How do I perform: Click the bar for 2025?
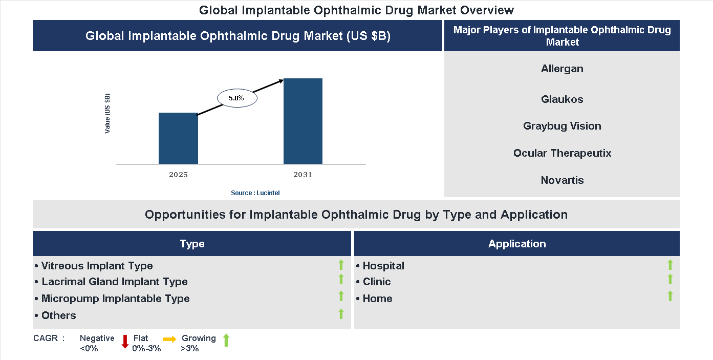(178, 138)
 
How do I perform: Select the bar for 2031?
(303, 121)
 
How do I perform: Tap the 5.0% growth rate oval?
(237, 98)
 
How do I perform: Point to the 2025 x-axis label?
(178, 175)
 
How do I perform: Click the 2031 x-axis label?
(303, 175)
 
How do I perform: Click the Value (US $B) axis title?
(107, 114)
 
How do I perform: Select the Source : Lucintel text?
(255, 193)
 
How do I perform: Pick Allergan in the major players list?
(562, 69)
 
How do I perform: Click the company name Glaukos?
(562, 99)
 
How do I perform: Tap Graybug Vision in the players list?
(562, 126)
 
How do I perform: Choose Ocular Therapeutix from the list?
(562, 153)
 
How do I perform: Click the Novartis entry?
(562, 180)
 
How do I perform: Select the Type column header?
(192, 244)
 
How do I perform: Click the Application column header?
(517, 244)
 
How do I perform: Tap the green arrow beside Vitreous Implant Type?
(341, 265)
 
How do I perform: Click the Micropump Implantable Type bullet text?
(115, 299)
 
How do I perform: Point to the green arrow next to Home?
(670, 296)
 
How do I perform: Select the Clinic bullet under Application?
(376, 282)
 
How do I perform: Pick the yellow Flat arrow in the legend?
(169, 339)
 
